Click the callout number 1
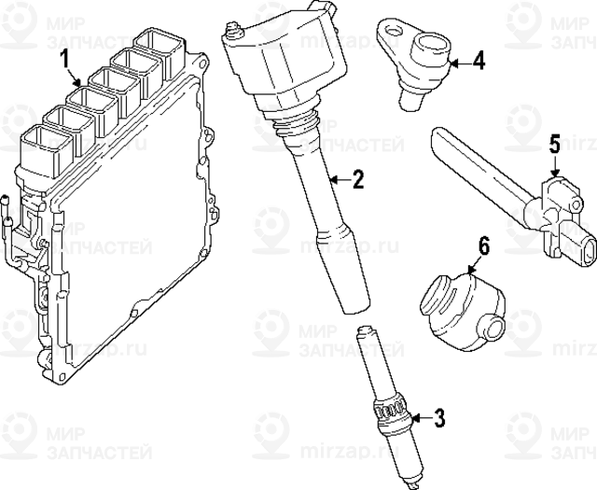[x=64, y=60]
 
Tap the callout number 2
[x=358, y=179]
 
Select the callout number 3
[x=439, y=418]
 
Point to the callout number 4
[x=479, y=61]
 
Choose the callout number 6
[x=483, y=246]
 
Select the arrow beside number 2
[x=340, y=178]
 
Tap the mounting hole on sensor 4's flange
[x=392, y=30]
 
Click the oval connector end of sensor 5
[x=586, y=251]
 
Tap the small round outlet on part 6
[x=493, y=328]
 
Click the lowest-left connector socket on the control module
[x=45, y=151]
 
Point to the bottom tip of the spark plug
[x=413, y=485]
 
